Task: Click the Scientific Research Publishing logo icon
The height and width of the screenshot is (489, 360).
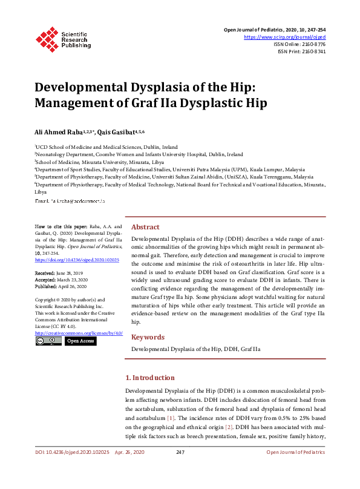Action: [46, 38]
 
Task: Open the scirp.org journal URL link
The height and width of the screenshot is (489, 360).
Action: [284, 37]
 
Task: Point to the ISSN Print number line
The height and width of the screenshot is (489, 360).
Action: [301, 51]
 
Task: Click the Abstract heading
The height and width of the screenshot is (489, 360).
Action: [145, 227]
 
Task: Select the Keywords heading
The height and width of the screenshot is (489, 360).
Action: [147, 337]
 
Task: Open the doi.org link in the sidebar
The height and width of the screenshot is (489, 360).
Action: [77, 260]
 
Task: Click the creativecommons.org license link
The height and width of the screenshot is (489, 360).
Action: [79, 333]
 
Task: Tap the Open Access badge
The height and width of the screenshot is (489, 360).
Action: [80, 341]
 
